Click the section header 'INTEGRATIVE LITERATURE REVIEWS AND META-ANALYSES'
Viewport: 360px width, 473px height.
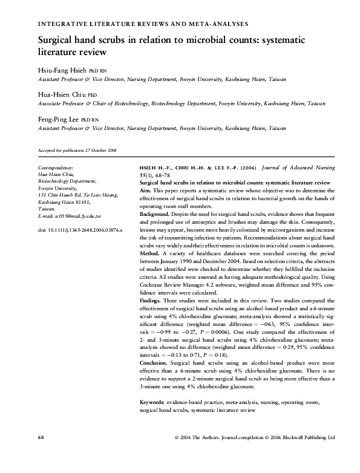point(143,24)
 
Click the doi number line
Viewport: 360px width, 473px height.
point(80,230)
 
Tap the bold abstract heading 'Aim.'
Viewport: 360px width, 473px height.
point(146,190)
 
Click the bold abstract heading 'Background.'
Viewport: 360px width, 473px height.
point(155,214)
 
